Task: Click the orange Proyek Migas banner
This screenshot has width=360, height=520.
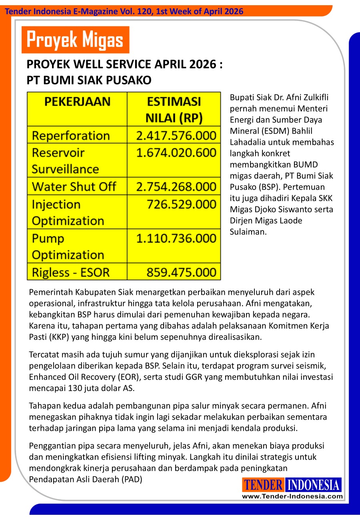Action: [x=75, y=40]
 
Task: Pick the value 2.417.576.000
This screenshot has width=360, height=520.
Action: [x=176, y=136]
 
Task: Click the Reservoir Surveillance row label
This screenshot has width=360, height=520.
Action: [x=65, y=161]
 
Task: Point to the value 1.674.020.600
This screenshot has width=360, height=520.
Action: [x=176, y=153]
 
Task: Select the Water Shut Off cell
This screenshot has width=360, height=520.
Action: [x=74, y=186]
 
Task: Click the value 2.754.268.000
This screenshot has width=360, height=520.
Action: [x=176, y=186]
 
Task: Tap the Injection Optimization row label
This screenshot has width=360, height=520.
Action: [x=68, y=212]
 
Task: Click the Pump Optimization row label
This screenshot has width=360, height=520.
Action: [x=68, y=246]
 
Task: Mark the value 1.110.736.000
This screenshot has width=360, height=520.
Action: [x=176, y=238]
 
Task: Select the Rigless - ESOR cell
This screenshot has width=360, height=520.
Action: [x=70, y=272]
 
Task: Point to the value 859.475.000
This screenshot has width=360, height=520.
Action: [x=181, y=272]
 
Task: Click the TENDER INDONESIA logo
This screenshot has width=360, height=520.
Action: [x=292, y=485]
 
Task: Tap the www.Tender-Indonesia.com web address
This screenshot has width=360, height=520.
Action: [x=292, y=496]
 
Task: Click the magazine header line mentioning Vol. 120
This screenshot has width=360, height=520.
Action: [x=124, y=11]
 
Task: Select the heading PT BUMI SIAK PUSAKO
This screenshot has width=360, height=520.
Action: [x=89, y=80]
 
